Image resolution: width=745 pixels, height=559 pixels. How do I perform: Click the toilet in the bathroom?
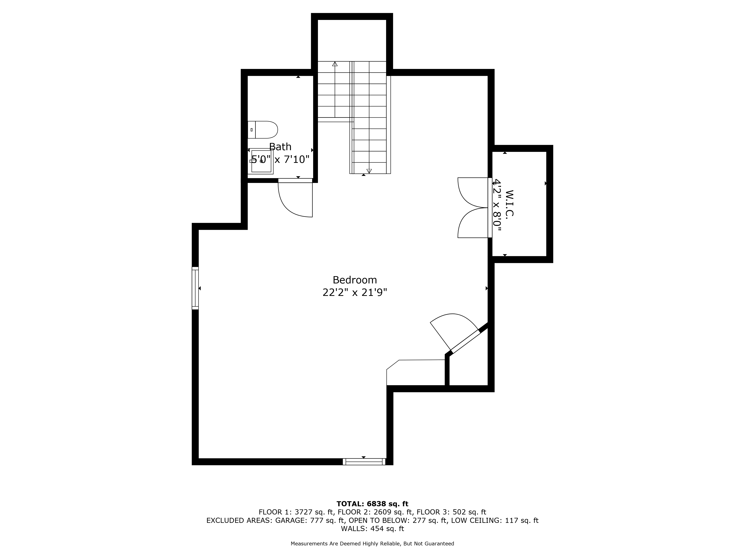tap(263, 130)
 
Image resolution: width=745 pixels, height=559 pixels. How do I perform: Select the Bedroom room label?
tap(355, 280)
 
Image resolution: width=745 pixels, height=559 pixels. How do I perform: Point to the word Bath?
tap(280, 147)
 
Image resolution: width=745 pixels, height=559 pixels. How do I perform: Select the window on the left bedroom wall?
tap(195, 288)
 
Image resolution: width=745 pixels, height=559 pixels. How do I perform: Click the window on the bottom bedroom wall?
tap(364, 462)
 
